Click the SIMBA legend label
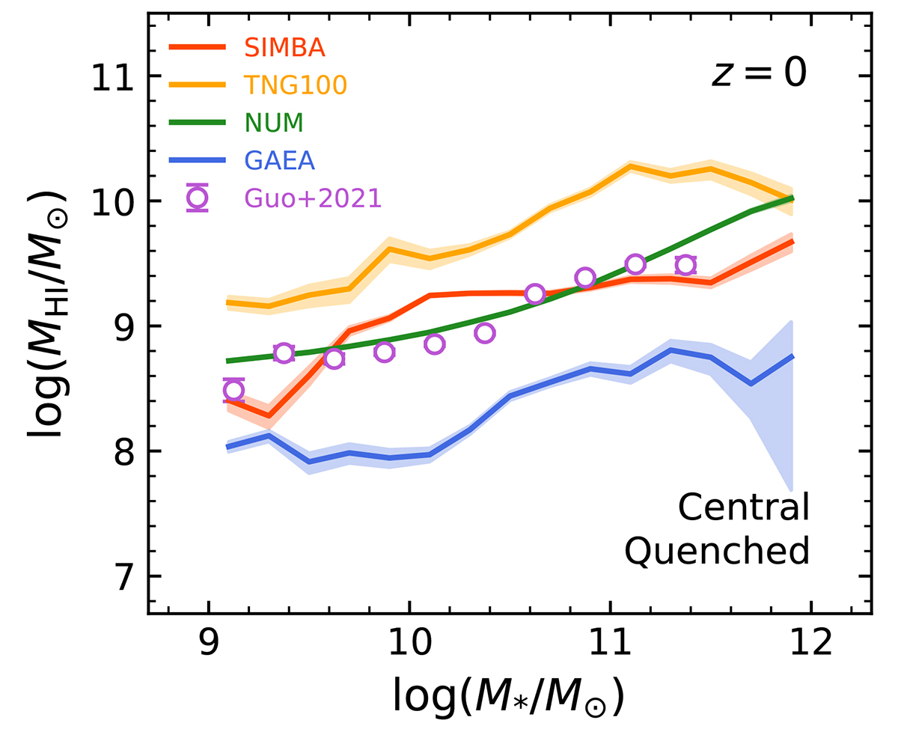click(x=284, y=47)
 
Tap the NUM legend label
click(x=272, y=123)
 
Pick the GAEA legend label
click(x=278, y=161)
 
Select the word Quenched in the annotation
click(x=718, y=552)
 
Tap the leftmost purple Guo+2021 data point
click(x=233, y=390)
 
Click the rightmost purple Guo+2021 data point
click(x=685, y=264)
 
